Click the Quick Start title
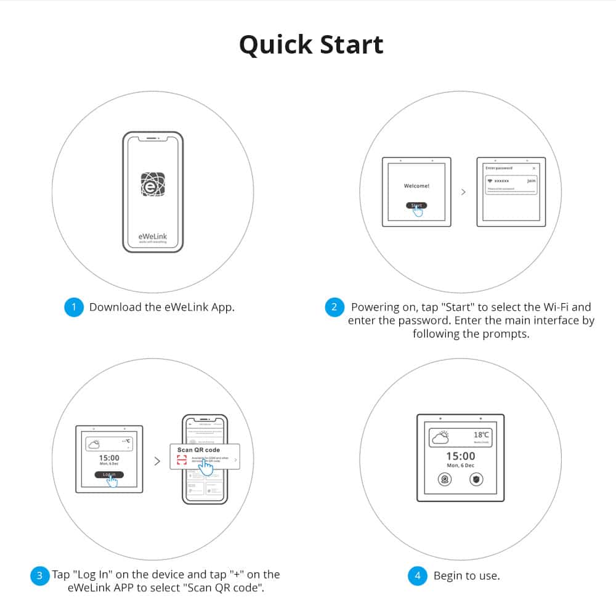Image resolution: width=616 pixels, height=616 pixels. pos(311,45)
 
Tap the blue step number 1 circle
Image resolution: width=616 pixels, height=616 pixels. pos(73,307)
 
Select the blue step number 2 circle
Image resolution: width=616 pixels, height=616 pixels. pos(334,307)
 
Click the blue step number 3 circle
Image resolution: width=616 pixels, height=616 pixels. pos(39,575)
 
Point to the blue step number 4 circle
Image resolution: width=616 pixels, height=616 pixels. pos(418,576)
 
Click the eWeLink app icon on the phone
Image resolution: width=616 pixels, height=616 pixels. pos(153,184)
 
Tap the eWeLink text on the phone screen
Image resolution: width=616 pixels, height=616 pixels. pos(153,237)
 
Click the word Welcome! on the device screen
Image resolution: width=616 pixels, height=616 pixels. pos(416,185)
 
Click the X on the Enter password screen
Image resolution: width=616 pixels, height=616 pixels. pos(533,168)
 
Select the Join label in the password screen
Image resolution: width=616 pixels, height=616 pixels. pos(531,181)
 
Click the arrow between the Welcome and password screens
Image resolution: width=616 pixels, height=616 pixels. pos(463,192)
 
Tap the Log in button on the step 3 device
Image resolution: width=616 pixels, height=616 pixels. pos(109,474)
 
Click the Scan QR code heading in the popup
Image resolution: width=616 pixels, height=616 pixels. pos(198,450)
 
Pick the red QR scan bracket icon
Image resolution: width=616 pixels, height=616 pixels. pos(181,461)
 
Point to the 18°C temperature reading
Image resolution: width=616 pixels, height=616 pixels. pos(481,435)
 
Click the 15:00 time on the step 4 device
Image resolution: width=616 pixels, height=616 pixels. pos(460,456)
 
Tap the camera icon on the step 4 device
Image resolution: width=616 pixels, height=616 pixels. pos(444,479)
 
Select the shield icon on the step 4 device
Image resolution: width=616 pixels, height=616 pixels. pos(476,479)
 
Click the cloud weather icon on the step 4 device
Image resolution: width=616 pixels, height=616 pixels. pos(441,437)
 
